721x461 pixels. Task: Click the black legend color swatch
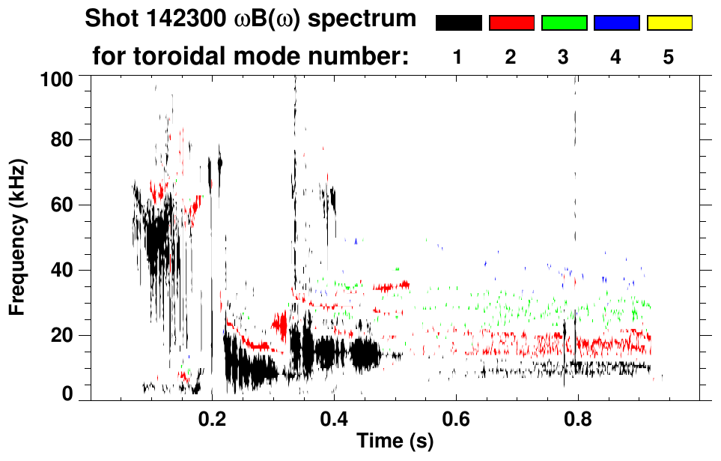[x=459, y=23]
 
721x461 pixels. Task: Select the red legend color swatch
[x=511, y=23]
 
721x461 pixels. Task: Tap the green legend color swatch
[x=564, y=23]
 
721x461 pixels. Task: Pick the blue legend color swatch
[x=616, y=23]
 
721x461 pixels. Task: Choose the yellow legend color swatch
[x=669, y=23]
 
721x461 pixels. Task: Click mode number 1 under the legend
[x=457, y=57]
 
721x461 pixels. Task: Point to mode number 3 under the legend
[x=563, y=57]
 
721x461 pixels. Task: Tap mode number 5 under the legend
[x=669, y=57]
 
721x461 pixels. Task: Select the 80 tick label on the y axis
[x=61, y=140]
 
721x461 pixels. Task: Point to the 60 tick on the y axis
[x=61, y=205]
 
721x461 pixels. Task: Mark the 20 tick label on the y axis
[x=61, y=335]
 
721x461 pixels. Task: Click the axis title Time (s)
[x=394, y=442]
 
